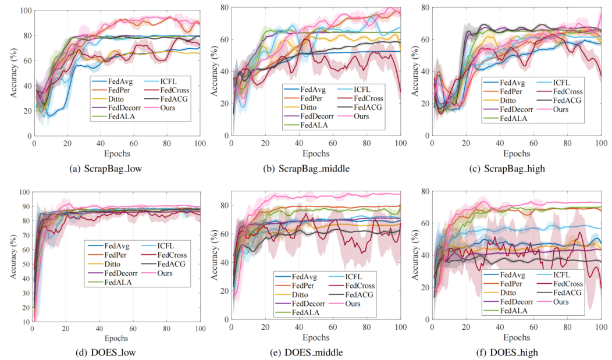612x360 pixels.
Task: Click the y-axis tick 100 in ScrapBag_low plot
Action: click(24, 11)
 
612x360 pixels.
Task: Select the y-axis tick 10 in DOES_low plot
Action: click(26, 322)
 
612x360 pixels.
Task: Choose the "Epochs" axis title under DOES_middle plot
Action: click(316, 338)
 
